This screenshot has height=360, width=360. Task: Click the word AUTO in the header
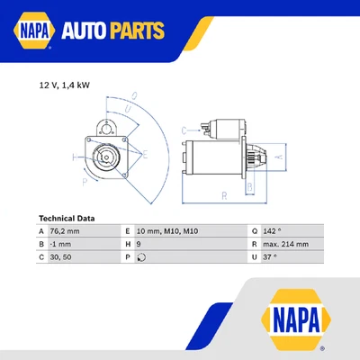pyautogui.click(x=87, y=32)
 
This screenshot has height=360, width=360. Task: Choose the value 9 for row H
pyautogui.click(x=140, y=244)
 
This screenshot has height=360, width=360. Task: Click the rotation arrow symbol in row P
pyautogui.click(x=141, y=256)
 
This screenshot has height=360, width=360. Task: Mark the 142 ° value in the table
pyautogui.click(x=275, y=231)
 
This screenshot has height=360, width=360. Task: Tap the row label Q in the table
pyautogui.click(x=254, y=231)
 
